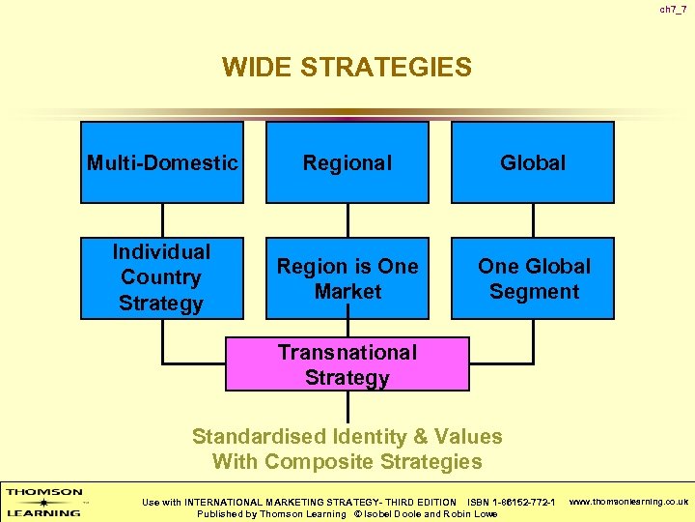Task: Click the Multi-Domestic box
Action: pyautogui.click(x=162, y=162)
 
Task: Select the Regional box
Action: pyautogui.click(x=347, y=162)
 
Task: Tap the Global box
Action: pyautogui.click(x=533, y=162)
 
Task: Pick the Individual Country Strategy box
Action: pyautogui.click(x=162, y=277)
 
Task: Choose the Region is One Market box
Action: pyautogui.click(x=347, y=278)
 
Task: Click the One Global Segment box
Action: pyautogui.click(x=533, y=278)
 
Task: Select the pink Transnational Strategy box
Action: pyautogui.click(x=347, y=363)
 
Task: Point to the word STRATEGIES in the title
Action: pyautogui.click(x=383, y=68)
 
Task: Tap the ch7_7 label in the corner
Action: pyautogui.click(x=674, y=10)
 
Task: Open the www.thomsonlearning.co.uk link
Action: pyautogui.click(x=628, y=502)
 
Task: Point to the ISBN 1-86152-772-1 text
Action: pyautogui.click(x=511, y=502)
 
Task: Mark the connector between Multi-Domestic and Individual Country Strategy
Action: pyautogui.click(x=162, y=219)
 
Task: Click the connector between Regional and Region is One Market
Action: pyautogui.click(x=347, y=219)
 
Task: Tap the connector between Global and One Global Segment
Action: pyautogui.click(x=533, y=219)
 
